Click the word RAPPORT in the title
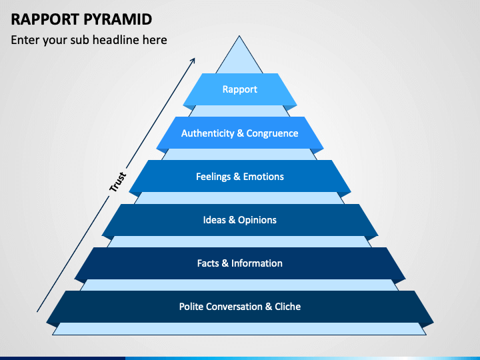45,19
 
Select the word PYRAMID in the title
117,19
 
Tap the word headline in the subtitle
115,40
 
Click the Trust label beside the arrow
117,182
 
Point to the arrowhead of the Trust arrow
193,60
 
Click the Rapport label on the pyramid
240,89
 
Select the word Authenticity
207,133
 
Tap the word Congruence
272,133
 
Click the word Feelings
213,177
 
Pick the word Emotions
263,177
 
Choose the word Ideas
214,220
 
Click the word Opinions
257,220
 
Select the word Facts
208,263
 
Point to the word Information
257,263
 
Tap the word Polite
190,307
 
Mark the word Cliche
288,307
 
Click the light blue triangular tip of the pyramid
239,58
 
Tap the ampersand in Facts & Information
225,263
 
